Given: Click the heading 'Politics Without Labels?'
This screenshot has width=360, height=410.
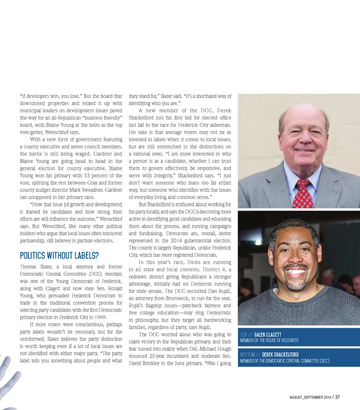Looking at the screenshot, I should point(59,256).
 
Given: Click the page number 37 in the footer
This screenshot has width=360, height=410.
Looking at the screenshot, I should point(337,397).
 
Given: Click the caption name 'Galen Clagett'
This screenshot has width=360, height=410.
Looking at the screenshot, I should point(267,335).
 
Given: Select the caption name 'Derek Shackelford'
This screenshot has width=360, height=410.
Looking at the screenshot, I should point(280,355).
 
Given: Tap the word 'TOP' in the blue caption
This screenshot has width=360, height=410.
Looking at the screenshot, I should point(244,335).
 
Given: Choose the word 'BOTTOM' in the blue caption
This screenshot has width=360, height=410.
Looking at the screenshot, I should point(248,355).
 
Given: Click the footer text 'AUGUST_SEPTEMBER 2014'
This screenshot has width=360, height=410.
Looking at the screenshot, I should point(310,397).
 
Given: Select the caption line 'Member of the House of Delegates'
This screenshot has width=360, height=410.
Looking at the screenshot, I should point(269,340).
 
